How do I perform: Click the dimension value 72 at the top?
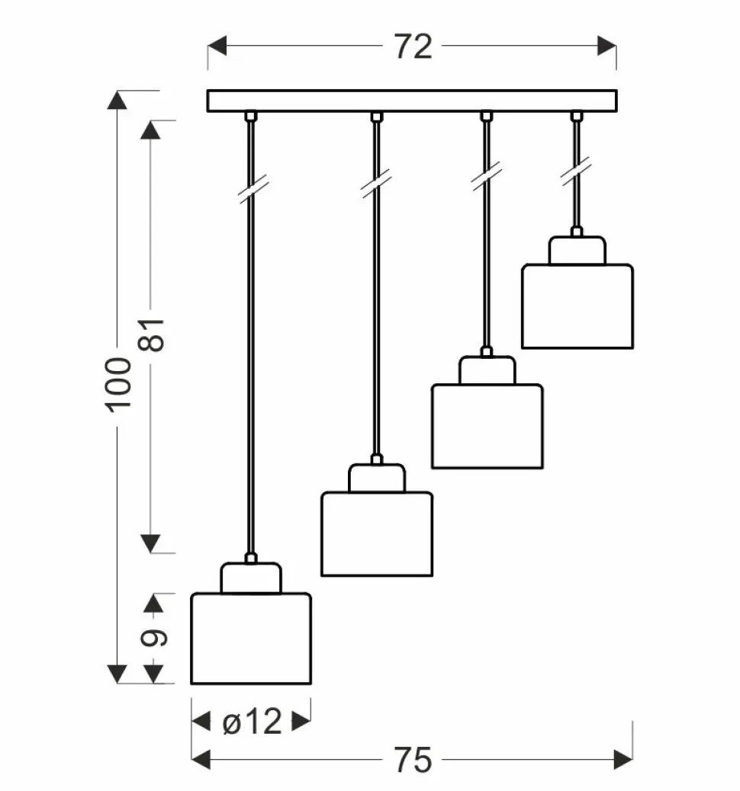[413, 47]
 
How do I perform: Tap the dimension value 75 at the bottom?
[413, 759]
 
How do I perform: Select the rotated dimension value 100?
[120, 383]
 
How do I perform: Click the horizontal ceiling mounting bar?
[412, 101]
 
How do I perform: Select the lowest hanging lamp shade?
[250, 639]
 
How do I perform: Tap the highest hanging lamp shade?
[577, 306]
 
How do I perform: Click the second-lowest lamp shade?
[376, 533]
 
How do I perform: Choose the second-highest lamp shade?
[487, 426]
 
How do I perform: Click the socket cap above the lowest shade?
[250, 578]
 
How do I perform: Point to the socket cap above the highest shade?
[577, 251]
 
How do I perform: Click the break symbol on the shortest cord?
[576, 171]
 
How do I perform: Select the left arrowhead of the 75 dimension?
[201, 759]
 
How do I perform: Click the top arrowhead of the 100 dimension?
[117, 101]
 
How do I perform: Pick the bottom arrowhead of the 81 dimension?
[152, 543]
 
